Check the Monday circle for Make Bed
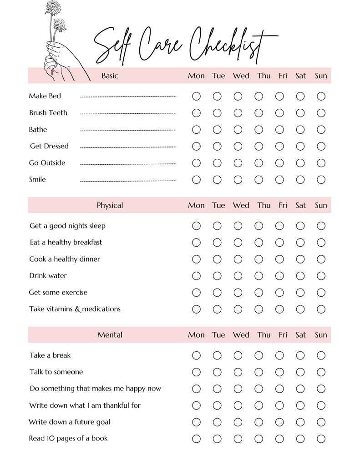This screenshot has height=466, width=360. pos(196,96)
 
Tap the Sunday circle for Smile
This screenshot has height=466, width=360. pos(321,179)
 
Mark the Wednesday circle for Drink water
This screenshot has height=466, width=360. pos(238,276)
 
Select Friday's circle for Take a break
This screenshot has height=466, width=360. pos(279,355)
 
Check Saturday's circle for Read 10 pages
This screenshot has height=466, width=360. pos(300,439)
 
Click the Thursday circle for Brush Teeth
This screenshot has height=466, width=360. pos(259,113)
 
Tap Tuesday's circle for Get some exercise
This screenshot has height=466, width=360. pos(217,292)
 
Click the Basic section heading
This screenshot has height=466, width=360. pos(110,76)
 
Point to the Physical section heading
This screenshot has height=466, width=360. pos(110,205)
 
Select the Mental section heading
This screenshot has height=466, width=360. pos(110,335)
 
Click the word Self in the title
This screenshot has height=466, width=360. pos(114,46)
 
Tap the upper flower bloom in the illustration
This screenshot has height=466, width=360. pos(53,8)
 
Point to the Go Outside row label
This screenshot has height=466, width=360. pos(47,163)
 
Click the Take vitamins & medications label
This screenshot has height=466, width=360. pos(75,309)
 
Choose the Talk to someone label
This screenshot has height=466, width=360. pos(56,372)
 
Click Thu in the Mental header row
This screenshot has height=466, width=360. pos(264,335)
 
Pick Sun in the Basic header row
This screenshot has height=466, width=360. pos(321,76)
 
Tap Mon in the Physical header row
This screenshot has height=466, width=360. pos(196,205)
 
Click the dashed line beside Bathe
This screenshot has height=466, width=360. pos(128,130)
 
